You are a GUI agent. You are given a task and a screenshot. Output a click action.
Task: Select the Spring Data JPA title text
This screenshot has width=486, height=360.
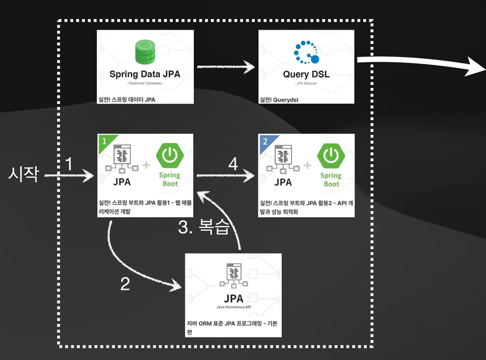145,74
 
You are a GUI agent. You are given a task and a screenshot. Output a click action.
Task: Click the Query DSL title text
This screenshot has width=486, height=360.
306,74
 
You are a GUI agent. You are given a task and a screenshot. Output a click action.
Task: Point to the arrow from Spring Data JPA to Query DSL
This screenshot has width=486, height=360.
226,67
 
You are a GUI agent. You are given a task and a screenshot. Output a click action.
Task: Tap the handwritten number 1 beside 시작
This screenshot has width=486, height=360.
69,163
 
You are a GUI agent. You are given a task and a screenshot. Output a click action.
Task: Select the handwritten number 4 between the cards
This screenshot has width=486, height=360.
233,163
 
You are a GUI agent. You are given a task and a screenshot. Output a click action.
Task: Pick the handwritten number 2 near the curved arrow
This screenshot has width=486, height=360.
125,283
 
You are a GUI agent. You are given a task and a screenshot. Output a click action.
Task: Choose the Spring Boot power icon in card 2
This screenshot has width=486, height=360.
331,155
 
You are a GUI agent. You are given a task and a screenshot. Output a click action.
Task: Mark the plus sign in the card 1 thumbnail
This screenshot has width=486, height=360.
147,164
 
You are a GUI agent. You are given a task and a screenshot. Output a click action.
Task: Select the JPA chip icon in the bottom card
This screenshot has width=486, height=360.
233,275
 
